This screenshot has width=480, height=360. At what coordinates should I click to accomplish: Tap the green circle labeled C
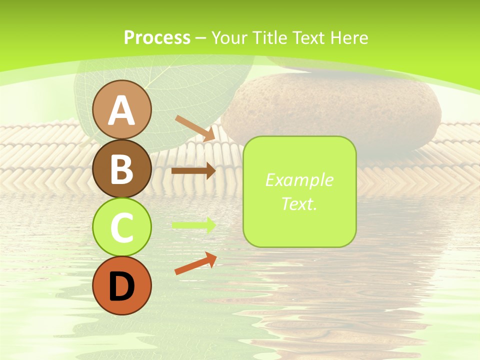coord(121,227)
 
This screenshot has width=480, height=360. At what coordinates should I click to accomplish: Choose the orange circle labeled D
coord(121,285)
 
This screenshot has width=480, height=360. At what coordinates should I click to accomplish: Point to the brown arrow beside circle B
coord(193,171)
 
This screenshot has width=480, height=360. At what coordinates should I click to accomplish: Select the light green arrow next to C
coord(194,225)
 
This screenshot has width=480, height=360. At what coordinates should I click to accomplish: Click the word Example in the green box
coord(299,180)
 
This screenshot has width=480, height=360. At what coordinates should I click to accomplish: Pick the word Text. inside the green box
coord(299,204)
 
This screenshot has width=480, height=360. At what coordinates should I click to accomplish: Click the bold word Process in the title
coord(157,37)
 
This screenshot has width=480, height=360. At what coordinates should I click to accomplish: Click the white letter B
coord(121,169)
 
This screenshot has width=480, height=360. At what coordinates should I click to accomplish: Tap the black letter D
coord(121,286)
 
